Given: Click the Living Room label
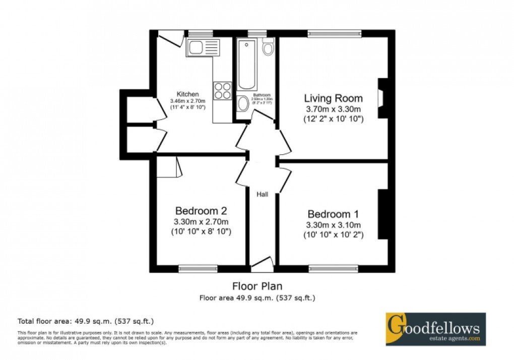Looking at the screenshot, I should click(x=333, y=98).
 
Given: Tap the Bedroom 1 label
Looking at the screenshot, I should click(x=333, y=213).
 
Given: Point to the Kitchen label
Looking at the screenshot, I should click(x=187, y=94).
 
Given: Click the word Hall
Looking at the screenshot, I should click(x=263, y=194).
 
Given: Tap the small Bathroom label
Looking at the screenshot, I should click(x=262, y=95).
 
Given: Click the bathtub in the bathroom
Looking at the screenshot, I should click(x=247, y=65).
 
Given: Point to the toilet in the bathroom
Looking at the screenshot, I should click(x=268, y=47).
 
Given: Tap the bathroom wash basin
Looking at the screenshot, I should click(x=243, y=104).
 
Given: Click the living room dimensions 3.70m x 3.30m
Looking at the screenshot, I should click(x=333, y=109).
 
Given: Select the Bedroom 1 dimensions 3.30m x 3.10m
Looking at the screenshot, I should click(x=333, y=224).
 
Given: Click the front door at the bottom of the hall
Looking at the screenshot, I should click(x=262, y=262).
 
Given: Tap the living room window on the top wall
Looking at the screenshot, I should click(x=335, y=34).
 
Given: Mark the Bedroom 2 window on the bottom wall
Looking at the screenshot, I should click(x=198, y=268).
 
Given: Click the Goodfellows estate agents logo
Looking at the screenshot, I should click(x=435, y=329).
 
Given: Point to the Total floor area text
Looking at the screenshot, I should click(x=86, y=321).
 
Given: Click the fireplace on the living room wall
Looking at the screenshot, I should click(x=382, y=98).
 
